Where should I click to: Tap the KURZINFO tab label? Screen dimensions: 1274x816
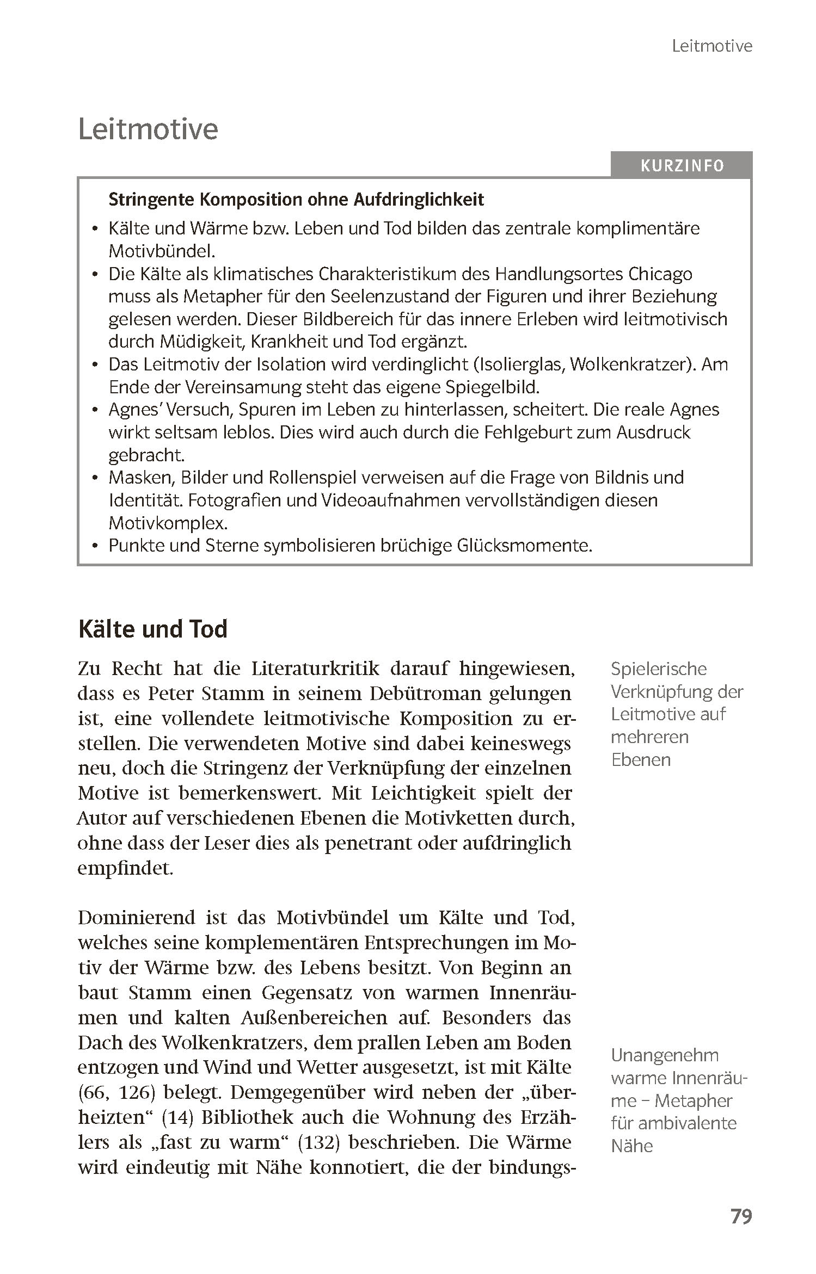(x=682, y=165)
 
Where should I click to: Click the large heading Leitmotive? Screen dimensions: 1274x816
(x=148, y=129)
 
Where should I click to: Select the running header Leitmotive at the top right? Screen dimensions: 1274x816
(x=711, y=46)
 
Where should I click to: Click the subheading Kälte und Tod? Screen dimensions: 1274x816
(x=152, y=629)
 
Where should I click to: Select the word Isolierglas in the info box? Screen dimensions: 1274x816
(x=520, y=364)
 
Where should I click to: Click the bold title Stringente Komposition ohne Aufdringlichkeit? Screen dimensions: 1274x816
(x=296, y=200)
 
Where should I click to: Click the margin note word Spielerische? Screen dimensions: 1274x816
(x=659, y=669)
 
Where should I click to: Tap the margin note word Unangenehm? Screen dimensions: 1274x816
(x=665, y=1055)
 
